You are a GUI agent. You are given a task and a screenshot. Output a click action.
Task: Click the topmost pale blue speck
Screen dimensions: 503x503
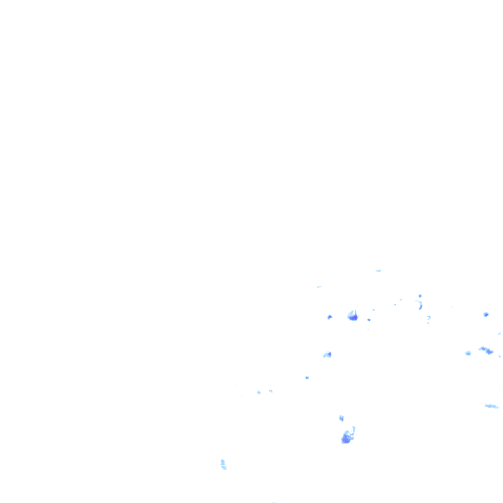click(379, 270)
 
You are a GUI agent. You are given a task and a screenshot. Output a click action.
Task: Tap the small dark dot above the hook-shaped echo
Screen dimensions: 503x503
click(420, 296)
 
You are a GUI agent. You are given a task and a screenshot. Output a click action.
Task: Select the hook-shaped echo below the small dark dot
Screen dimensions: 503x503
click(419, 305)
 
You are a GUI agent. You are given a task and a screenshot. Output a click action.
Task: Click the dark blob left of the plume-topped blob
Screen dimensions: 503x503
click(329, 317)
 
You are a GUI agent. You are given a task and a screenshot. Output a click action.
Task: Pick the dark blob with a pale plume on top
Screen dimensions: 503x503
click(353, 316)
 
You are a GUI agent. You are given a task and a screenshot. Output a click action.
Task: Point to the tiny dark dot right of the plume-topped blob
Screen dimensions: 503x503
click(369, 320)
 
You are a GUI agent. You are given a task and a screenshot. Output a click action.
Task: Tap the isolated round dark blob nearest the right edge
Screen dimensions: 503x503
click(486, 314)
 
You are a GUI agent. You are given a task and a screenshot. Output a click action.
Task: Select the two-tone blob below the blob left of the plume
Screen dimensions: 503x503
click(327, 354)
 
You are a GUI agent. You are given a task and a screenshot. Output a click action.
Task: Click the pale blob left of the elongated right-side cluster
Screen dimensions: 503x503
click(468, 353)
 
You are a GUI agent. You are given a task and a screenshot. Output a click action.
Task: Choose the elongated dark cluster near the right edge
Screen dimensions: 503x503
click(487, 350)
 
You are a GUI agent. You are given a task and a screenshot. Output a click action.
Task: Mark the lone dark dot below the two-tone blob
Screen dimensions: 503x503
click(307, 377)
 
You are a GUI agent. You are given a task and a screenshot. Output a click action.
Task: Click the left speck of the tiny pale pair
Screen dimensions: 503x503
click(259, 392)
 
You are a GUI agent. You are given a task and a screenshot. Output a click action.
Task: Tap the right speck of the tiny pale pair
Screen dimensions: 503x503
click(270, 391)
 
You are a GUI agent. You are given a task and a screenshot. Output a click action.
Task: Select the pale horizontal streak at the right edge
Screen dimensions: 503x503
click(491, 406)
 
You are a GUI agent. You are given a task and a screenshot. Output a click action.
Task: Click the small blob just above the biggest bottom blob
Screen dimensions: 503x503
click(341, 418)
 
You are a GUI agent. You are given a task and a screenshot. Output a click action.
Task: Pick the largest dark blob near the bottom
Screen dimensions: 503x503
click(346, 438)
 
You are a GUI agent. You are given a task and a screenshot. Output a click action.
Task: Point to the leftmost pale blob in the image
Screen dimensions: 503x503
click(223, 464)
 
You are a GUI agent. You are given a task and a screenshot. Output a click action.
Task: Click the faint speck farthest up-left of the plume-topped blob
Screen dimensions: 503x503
click(319, 287)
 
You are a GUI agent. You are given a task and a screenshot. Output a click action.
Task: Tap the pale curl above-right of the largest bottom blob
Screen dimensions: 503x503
click(354, 430)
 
